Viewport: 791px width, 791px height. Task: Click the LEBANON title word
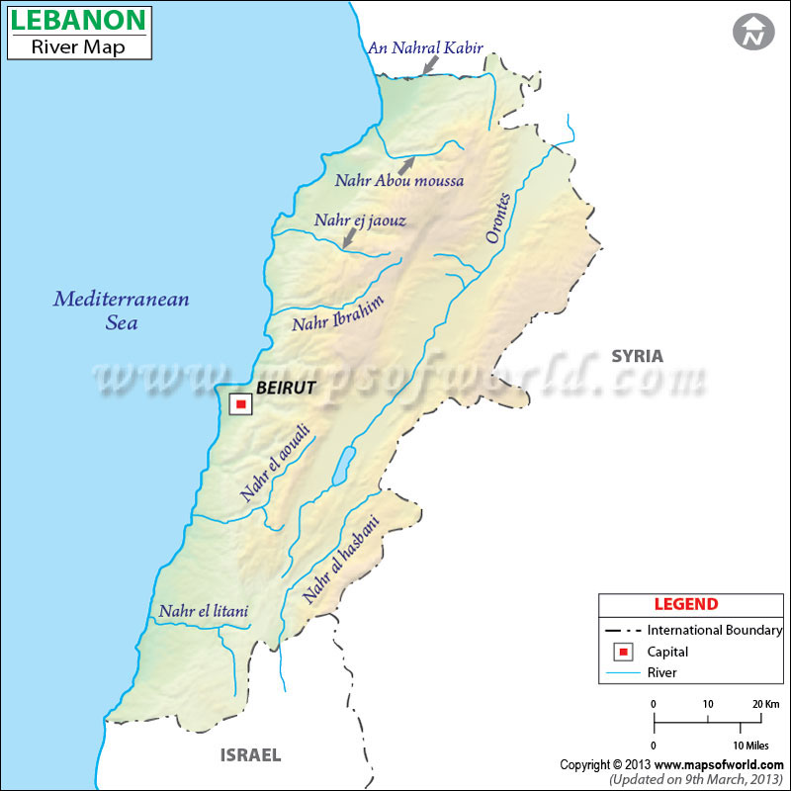78,20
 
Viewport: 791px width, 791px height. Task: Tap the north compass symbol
753,32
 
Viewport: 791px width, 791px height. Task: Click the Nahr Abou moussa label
398,181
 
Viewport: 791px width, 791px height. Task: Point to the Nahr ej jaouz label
360,220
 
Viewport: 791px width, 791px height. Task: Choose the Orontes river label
498,218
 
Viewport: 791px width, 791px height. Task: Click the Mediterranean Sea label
121,309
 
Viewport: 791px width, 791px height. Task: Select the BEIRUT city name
285,389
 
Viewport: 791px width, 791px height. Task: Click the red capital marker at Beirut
240,403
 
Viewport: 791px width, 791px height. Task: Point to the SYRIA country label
637,356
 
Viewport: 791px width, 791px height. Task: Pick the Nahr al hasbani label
340,561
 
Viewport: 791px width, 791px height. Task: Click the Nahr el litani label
203,612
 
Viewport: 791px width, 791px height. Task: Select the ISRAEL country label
249,754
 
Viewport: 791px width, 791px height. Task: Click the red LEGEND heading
686,604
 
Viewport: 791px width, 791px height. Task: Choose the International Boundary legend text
715,630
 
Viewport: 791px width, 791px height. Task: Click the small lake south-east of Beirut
342,466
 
